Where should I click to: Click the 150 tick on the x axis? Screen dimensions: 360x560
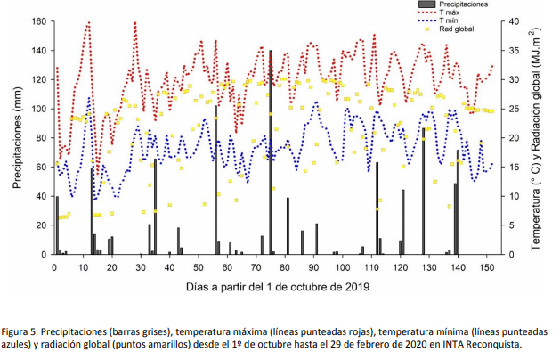(487, 266)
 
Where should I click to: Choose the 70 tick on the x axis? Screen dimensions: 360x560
(256, 266)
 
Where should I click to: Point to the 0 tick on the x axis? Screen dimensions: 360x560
(55, 266)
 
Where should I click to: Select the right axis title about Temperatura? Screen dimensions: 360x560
(537, 138)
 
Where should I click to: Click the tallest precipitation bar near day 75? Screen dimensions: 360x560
(270, 151)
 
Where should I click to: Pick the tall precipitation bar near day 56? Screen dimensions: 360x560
(215, 178)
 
